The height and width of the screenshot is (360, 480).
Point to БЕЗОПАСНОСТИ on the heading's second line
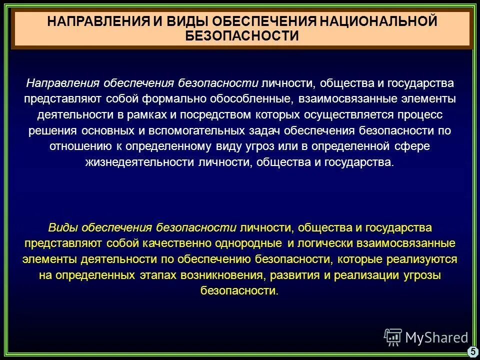(x=242, y=36)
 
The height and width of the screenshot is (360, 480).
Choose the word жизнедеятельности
(x=128, y=162)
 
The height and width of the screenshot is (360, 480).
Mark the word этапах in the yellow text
(x=152, y=275)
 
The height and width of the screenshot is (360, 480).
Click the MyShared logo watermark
(x=425, y=337)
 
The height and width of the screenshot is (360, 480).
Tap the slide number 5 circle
(x=472, y=351)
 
